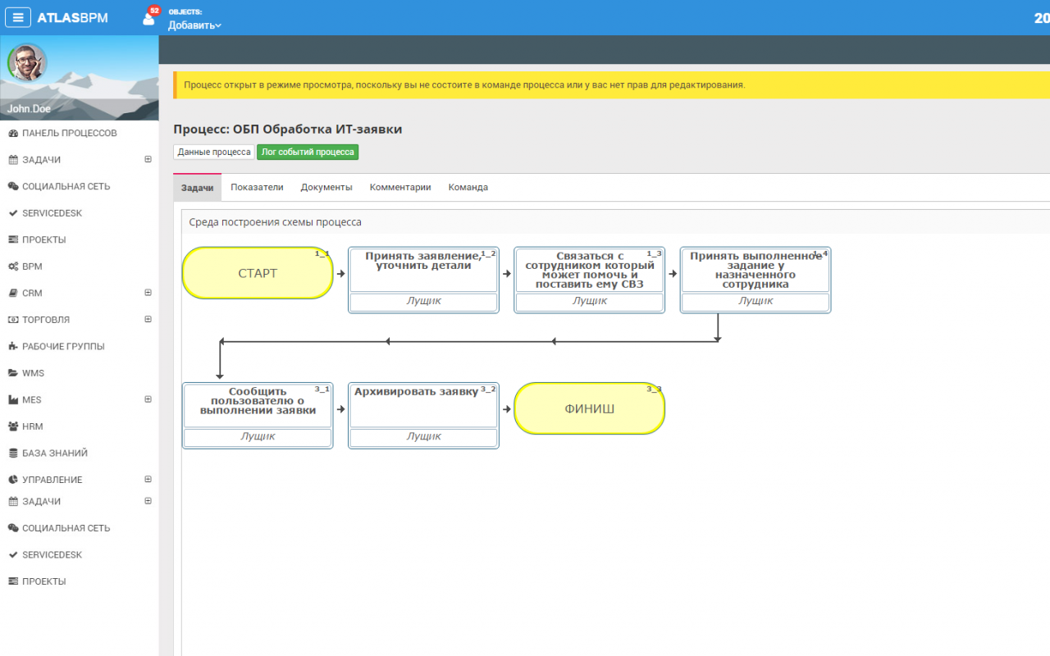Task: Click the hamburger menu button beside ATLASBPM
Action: pyautogui.click(x=18, y=18)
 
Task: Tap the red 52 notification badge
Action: pyautogui.click(x=154, y=11)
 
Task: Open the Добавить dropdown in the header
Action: pyautogui.click(x=194, y=25)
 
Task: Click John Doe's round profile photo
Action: pyautogui.click(x=27, y=63)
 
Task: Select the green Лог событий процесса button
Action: pyautogui.click(x=308, y=152)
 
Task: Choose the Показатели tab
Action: pyautogui.click(x=257, y=187)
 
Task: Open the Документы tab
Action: pyautogui.click(x=326, y=187)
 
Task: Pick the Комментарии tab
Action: pyautogui.click(x=399, y=187)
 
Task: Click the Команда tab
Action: pyautogui.click(x=468, y=187)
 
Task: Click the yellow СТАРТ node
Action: pyautogui.click(x=258, y=273)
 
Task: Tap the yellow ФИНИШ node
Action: pyautogui.click(x=589, y=408)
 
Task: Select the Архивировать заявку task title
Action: pyautogui.click(x=416, y=392)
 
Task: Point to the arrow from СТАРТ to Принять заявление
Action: pyautogui.click(x=340, y=274)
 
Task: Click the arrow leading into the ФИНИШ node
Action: pyautogui.click(x=507, y=409)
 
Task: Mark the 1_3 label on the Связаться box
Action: pyautogui.click(x=654, y=253)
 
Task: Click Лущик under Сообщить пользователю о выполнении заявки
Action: pyautogui.click(x=258, y=436)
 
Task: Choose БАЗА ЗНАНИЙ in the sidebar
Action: pyautogui.click(x=55, y=453)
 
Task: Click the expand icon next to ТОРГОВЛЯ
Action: pyautogui.click(x=148, y=319)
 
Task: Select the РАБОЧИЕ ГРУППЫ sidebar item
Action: pyautogui.click(x=63, y=346)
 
